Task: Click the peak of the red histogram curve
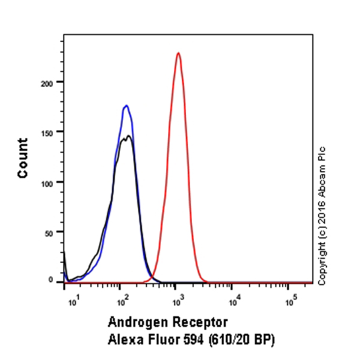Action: (x=178, y=53)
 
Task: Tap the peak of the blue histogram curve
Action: (x=126, y=106)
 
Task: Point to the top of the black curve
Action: (x=128, y=137)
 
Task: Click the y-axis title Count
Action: (x=23, y=158)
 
